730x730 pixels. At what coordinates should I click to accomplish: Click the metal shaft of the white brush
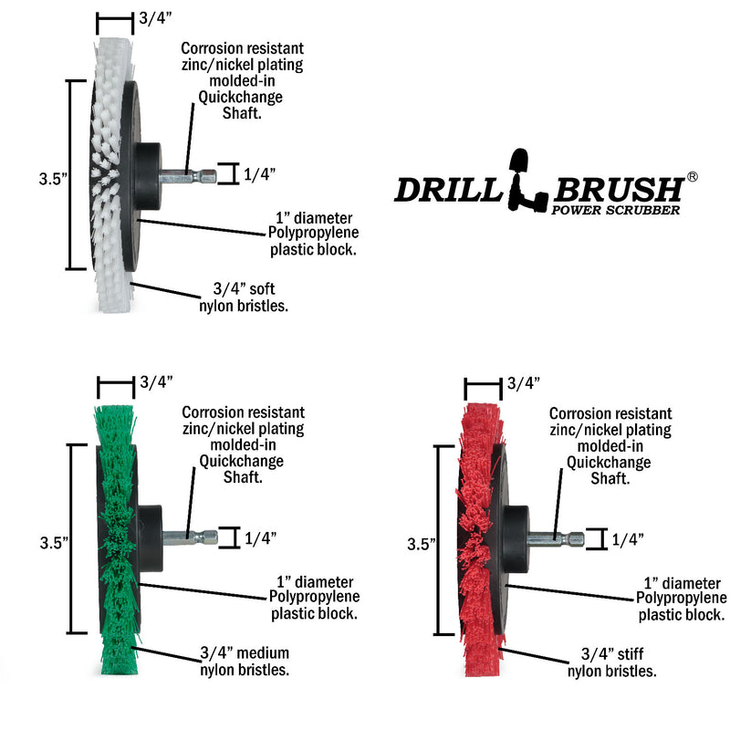[188, 176]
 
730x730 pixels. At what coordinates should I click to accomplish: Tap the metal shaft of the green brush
[190, 538]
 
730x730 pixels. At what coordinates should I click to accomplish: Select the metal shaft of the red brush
[556, 539]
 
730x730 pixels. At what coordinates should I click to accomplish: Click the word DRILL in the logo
[448, 190]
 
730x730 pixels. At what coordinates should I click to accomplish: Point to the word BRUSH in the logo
[619, 190]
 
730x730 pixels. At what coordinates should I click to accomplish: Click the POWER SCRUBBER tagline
[615, 210]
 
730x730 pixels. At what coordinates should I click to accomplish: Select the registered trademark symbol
[692, 176]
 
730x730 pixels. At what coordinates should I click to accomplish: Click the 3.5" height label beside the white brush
[53, 179]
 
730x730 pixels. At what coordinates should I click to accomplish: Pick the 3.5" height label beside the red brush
[422, 544]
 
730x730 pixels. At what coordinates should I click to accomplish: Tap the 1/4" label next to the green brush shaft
[260, 538]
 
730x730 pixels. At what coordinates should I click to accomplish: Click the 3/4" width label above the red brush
[523, 383]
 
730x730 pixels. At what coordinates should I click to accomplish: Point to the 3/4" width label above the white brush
[155, 18]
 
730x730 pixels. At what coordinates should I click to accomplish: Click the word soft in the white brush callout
[262, 288]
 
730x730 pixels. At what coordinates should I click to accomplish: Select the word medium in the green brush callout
[263, 652]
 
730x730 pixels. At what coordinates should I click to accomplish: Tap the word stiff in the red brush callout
[631, 654]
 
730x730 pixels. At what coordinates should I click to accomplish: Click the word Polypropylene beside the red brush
[681, 599]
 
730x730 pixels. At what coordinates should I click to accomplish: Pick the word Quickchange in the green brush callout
[241, 461]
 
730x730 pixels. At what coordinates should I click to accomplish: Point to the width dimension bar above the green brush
[116, 383]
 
